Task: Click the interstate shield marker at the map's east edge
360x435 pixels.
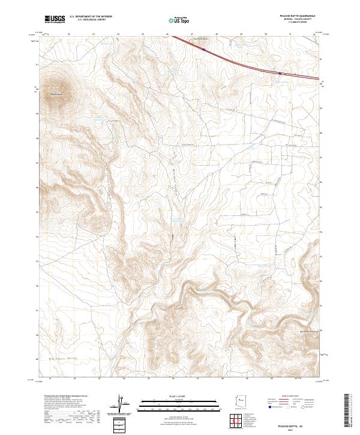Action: tap(280, 74)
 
